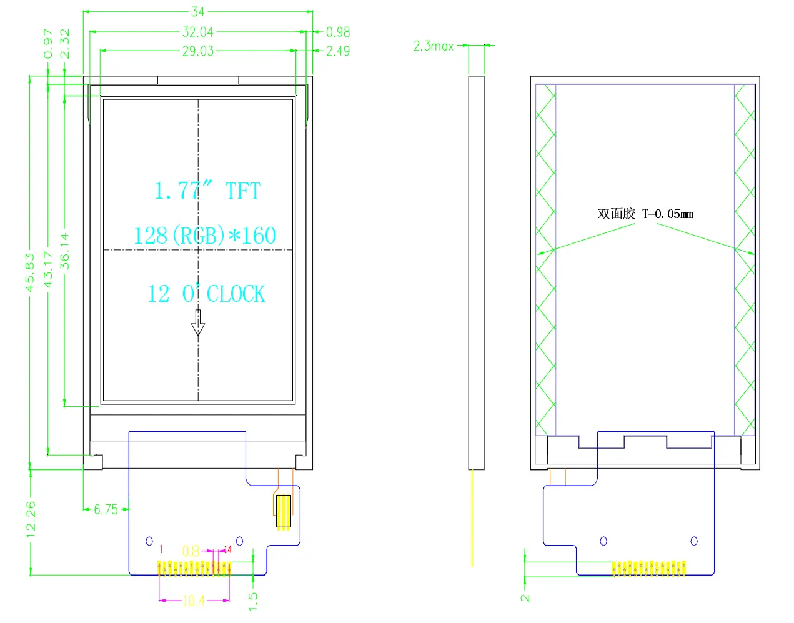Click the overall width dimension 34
pos(197,11)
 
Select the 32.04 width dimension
pos(197,32)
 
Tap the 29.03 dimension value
pos(197,51)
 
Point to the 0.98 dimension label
pos(338,32)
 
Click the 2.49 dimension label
pos(338,51)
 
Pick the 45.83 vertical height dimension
pos(30,272)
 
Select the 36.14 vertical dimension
pos(65,251)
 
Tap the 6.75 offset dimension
pos(106,510)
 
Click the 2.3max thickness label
pos(433,46)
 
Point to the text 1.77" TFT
pos(207,191)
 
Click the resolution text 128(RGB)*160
pos(204,236)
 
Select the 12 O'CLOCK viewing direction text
pos(206,294)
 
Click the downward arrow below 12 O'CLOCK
pos(198,323)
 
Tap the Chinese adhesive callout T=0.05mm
pos(645,214)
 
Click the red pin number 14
pos(227,549)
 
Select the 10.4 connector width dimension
pos(194,601)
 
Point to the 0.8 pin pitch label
pos(191,551)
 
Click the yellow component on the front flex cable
pos(283,512)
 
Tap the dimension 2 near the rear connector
pos(525,597)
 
